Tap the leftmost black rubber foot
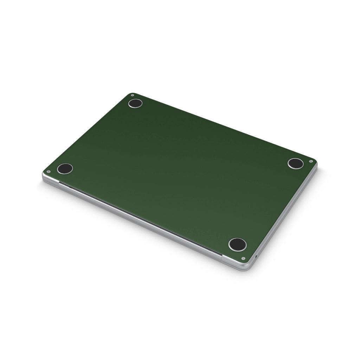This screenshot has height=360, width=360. [x=65, y=168]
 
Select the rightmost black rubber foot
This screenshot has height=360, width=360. [x=295, y=163]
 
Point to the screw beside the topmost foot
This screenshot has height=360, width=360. [x=132, y=95]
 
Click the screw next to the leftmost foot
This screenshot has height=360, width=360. [x=48, y=172]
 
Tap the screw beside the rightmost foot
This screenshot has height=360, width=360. [x=311, y=161]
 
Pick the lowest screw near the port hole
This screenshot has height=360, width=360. [x=243, y=258]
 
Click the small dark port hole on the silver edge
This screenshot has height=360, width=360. [x=256, y=256]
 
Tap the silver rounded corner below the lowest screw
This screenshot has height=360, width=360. [x=246, y=267]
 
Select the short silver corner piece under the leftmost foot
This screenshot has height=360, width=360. [x=49, y=181]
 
